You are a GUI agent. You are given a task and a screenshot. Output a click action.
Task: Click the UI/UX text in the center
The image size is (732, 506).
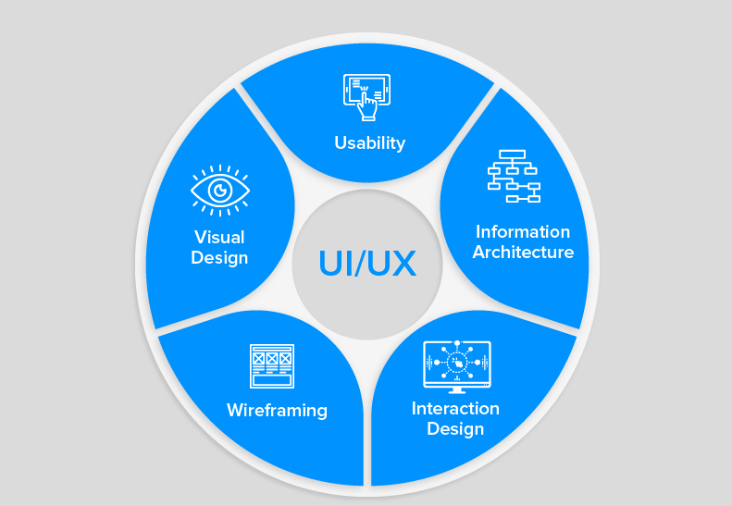point(367,264)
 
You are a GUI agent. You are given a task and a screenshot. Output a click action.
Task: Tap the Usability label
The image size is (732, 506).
point(369,142)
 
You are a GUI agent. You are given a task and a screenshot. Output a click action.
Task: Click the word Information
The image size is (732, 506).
point(523,231)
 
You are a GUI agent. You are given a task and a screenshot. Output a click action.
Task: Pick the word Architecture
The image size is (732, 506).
point(523,252)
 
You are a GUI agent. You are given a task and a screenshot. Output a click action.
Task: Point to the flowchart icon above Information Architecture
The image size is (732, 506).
point(513,176)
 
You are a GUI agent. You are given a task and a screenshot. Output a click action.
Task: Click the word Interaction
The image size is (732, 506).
point(455,408)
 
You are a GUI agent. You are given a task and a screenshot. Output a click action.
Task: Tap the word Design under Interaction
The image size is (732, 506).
point(455,428)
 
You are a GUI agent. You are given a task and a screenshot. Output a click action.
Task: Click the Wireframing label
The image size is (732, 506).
point(277,409)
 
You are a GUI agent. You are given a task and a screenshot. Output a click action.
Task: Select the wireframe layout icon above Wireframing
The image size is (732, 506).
point(271,365)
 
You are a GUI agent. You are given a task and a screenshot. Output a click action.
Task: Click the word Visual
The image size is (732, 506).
point(219,237)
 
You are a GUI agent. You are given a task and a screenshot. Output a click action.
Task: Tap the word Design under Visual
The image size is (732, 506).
point(219,257)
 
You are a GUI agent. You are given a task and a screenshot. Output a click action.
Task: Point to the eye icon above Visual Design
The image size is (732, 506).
point(220,190)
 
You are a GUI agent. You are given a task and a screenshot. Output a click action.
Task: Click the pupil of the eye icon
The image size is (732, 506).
point(220,191)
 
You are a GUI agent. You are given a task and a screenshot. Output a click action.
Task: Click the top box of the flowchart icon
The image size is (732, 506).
point(512,154)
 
